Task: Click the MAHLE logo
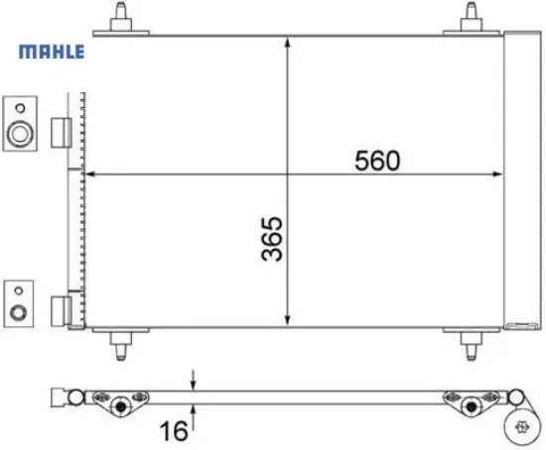click(x=48, y=52)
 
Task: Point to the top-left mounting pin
click(x=121, y=17)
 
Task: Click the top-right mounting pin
click(x=471, y=17)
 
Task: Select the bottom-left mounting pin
click(x=121, y=346)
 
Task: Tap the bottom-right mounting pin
click(x=471, y=346)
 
